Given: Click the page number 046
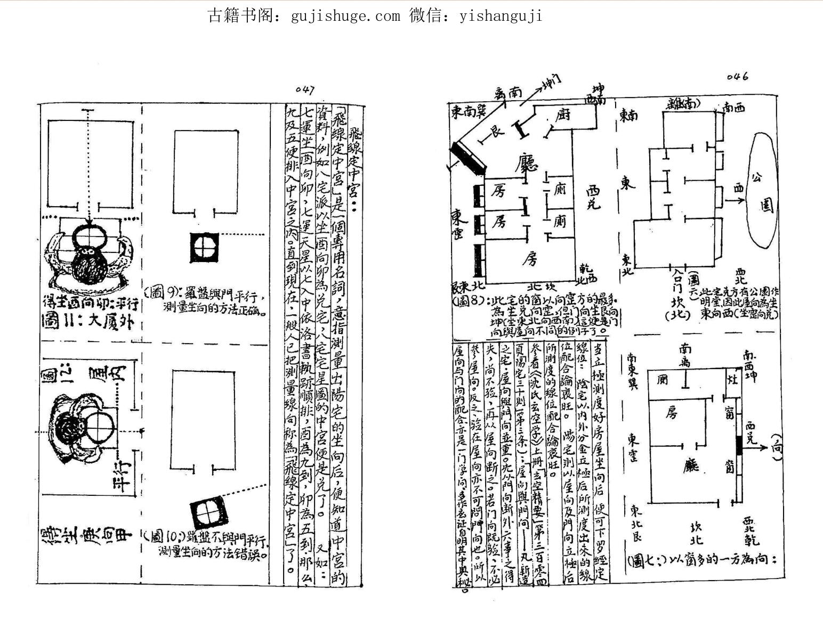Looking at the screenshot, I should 737,77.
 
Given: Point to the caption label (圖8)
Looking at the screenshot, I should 470,301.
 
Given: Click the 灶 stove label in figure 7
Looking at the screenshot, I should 730,381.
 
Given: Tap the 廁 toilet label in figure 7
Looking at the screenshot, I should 663,380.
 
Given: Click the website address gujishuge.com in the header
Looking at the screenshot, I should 345,16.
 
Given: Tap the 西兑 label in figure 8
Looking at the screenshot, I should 592,197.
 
